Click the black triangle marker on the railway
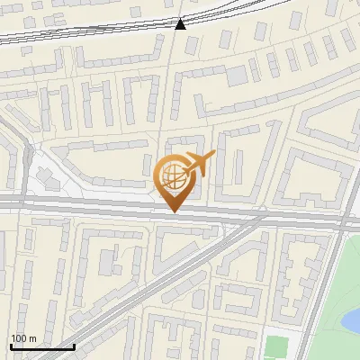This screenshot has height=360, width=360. click(181, 23)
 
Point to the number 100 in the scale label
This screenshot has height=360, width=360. click(19, 338)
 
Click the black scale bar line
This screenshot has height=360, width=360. click(41, 346)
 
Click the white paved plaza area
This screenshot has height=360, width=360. click(58, 180)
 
